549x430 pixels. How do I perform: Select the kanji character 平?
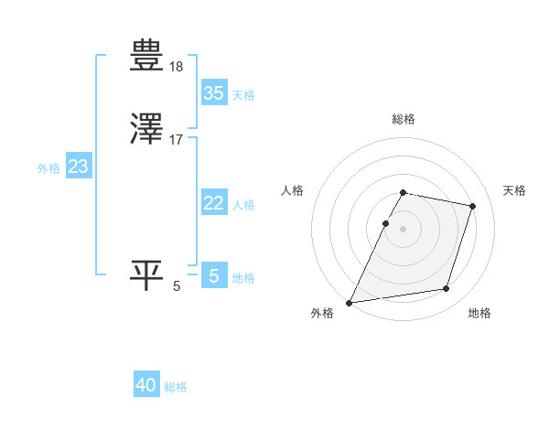(147, 274)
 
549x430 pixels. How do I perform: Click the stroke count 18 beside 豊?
(177, 67)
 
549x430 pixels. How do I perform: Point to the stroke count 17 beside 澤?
(177, 140)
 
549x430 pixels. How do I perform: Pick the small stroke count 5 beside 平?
(177, 286)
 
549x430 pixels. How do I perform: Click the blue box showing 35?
(213, 93)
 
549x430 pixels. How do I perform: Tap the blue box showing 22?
(213, 203)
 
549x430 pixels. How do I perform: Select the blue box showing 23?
(78, 167)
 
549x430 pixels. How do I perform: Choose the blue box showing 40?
(146, 385)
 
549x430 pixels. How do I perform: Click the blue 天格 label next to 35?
(243, 95)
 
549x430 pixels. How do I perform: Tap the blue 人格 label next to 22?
(243, 205)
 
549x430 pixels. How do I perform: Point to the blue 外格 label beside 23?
(48, 168)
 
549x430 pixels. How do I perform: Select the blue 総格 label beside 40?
(177, 387)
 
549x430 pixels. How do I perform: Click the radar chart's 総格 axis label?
(404, 119)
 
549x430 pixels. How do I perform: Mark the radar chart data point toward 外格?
(350, 302)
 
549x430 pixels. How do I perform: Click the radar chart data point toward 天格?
(473, 207)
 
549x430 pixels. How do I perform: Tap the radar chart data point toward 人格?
(385, 223)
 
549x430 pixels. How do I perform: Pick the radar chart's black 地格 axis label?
(479, 313)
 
